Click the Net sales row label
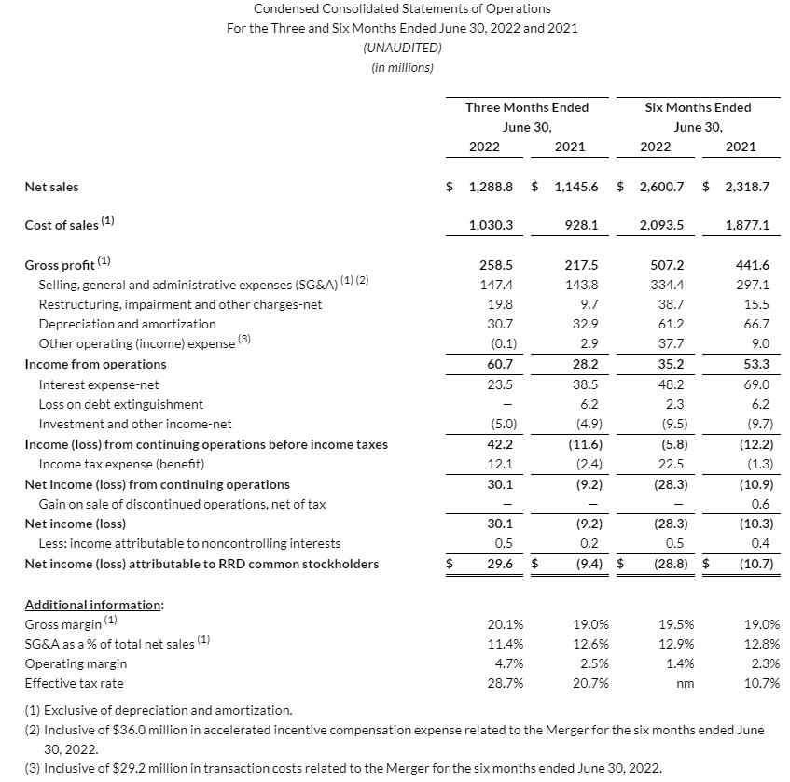point(51,187)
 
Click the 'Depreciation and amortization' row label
point(127,324)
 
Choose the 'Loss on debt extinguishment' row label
point(120,404)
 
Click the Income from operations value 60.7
point(501,364)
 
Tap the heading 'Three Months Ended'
point(527,107)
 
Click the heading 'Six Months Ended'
point(698,107)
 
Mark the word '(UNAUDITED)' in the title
point(402,48)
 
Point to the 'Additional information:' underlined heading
point(93,605)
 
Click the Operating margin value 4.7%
point(506,663)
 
